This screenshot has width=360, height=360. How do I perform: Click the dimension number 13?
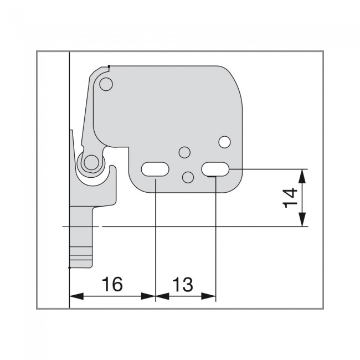click(183, 285)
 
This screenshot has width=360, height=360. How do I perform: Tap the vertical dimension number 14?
click(290, 198)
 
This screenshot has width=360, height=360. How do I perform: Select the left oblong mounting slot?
click(155, 169)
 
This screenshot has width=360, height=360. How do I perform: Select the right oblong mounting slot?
click(215, 169)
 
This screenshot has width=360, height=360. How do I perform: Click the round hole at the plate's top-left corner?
click(106, 84)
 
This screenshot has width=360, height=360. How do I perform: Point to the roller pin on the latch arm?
click(91, 162)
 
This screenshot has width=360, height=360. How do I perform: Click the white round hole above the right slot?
click(224, 142)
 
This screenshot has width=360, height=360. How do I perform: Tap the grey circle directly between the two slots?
click(188, 177)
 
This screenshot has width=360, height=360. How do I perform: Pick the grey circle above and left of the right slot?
click(184, 152)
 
